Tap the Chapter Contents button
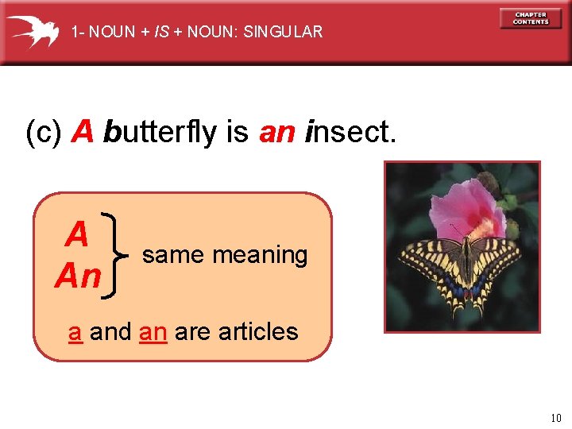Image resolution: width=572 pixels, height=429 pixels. pyautogui.click(x=531, y=18)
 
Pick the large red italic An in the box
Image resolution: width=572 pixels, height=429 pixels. pyautogui.click(x=78, y=276)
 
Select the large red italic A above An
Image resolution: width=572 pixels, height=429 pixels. pyautogui.click(x=77, y=235)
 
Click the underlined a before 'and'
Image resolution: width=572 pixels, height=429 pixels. pyautogui.click(x=75, y=331)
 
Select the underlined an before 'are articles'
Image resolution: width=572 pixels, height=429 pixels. pyautogui.click(x=153, y=331)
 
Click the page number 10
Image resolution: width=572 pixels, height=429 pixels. pyautogui.click(x=555, y=418)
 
